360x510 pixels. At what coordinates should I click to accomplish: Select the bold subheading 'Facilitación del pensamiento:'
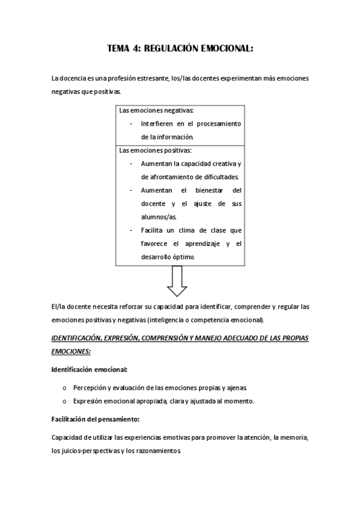pyautogui.click(x=96, y=419)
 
